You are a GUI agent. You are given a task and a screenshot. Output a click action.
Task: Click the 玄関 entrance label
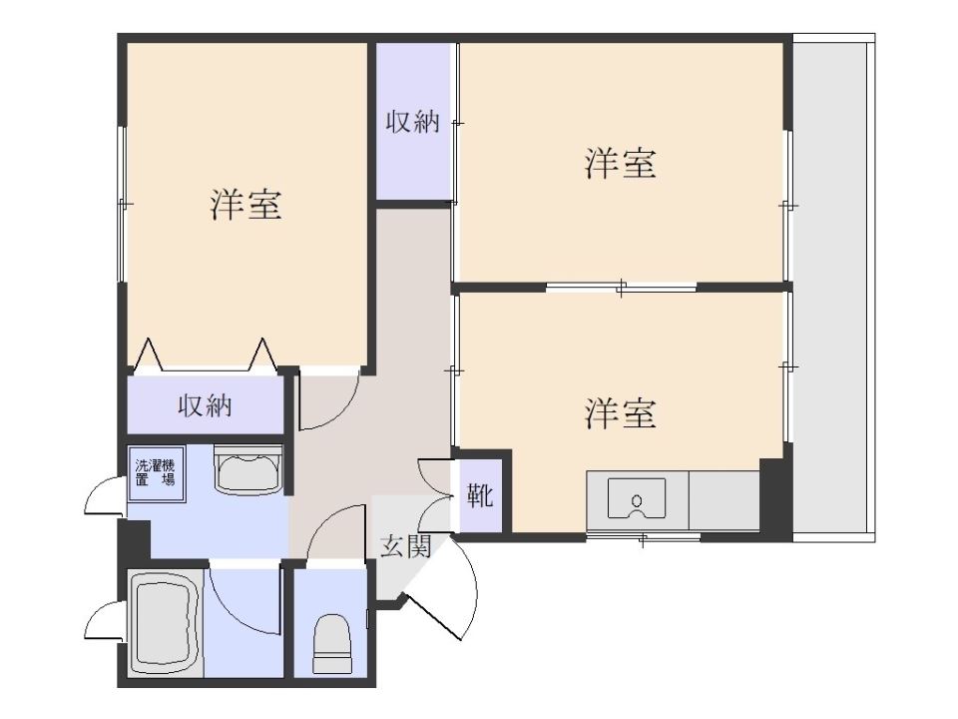tap(406, 546)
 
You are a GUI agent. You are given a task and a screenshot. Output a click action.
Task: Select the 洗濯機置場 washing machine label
tap(156, 472)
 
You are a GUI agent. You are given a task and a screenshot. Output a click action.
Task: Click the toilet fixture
tap(331, 643)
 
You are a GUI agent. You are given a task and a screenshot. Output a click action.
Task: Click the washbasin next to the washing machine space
tap(247, 469)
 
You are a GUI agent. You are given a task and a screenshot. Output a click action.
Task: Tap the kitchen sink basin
tap(636, 499)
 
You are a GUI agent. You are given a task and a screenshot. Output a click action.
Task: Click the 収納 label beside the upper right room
tap(412, 122)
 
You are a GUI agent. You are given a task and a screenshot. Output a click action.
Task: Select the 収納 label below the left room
tap(205, 406)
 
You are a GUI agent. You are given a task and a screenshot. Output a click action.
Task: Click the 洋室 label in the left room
tap(245, 205)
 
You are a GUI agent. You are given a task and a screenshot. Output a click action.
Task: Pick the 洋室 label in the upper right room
tap(620, 163)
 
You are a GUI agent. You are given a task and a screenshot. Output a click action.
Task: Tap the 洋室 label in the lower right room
tap(620, 413)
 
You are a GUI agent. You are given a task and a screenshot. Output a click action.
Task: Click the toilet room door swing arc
tap(327, 521)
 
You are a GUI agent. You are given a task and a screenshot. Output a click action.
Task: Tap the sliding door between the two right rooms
tap(621, 287)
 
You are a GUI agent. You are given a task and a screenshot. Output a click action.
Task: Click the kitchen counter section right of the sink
tap(724, 500)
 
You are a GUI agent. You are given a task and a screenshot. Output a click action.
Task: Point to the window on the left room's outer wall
tap(122, 204)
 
